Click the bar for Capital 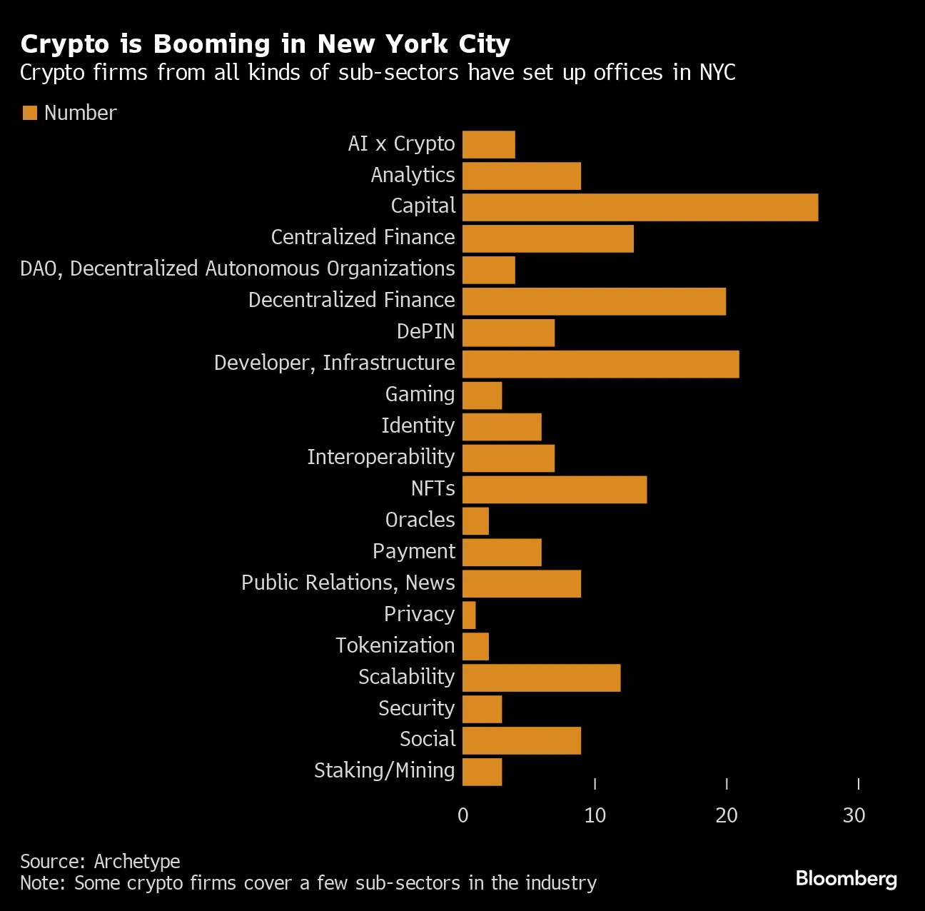pyautogui.click(x=640, y=207)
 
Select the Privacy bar pyautogui.click(x=469, y=615)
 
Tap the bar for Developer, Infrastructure pyautogui.click(x=600, y=364)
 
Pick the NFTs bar pyautogui.click(x=555, y=490)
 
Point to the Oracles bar pyautogui.click(x=475, y=521)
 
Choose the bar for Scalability pyautogui.click(x=541, y=678)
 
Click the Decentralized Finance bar pyautogui.click(x=594, y=301)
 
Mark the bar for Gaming pyautogui.click(x=482, y=396)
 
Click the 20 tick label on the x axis pyautogui.click(x=727, y=815)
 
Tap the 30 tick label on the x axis pyautogui.click(x=854, y=815)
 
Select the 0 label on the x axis pyautogui.click(x=463, y=815)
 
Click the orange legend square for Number pyautogui.click(x=29, y=113)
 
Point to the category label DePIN pyautogui.click(x=425, y=331)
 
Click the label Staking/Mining pyautogui.click(x=384, y=770)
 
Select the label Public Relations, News pyautogui.click(x=348, y=583)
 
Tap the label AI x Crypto pyautogui.click(x=401, y=144)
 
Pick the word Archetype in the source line pyautogui.click(x=137, y=861)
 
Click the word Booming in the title pyautogui.click(x=212, y=44)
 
